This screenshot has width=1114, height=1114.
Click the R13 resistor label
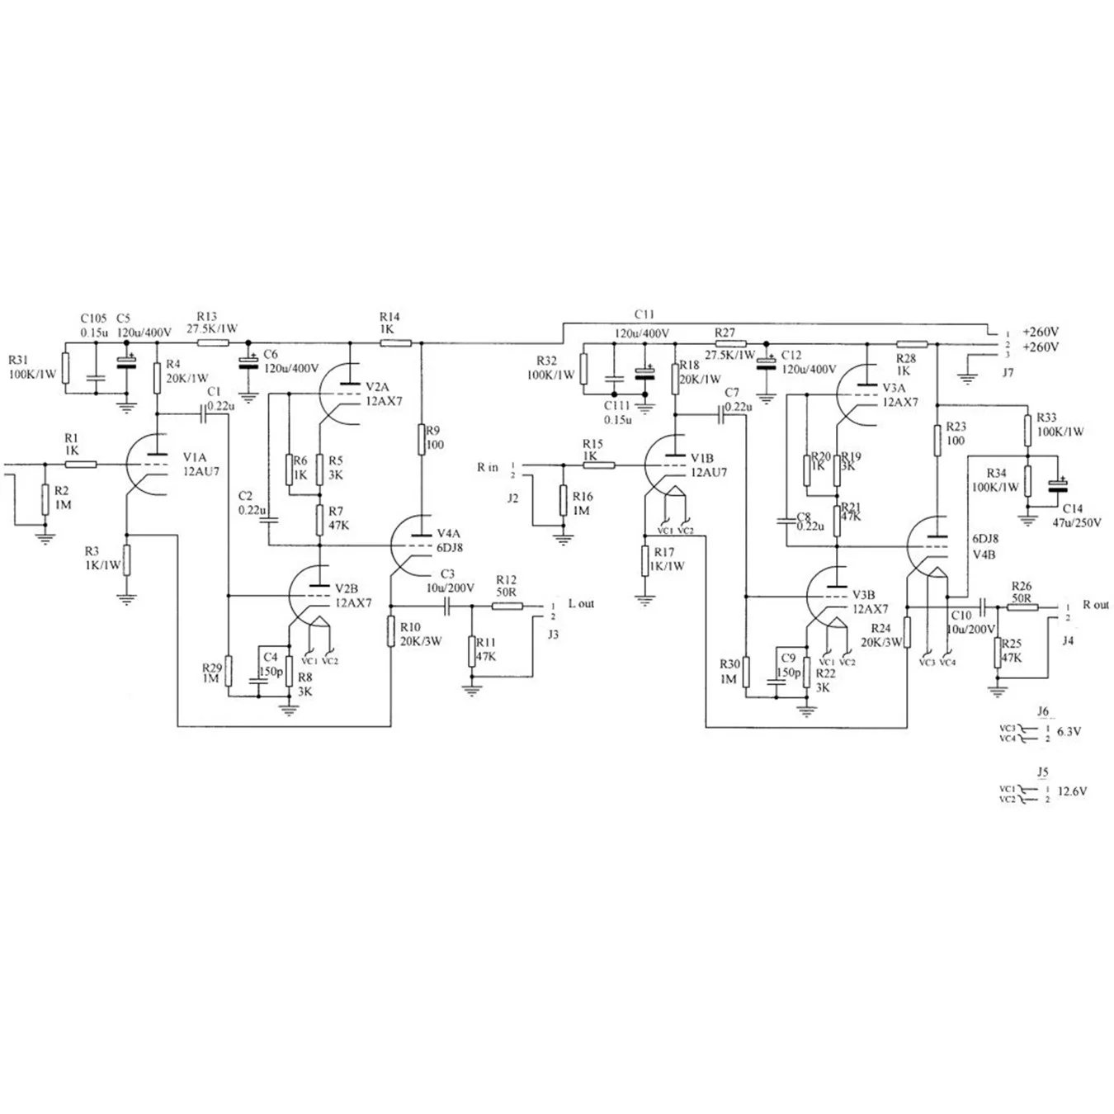pyautogui.click(x=207, y=316)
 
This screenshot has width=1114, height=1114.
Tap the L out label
pyautogui.click(x=581, y=603)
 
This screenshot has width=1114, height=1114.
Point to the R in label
pyautogui.click(x=488, y=467)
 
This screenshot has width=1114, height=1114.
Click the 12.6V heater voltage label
pyautogui.click(x=1071, y=791)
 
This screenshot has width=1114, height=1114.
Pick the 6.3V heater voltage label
pyautogui.click(x=1068, y=731)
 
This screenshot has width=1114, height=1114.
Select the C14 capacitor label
pyautogui.click(x=1073, y=509)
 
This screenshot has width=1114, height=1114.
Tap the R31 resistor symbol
pyautogui.click(x=66, y=368)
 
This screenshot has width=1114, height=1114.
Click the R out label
pyautogui.click(x=1096, y=605)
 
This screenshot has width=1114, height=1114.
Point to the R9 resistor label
pyautogui.click(x=434, y=430)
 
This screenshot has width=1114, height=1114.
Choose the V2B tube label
pyautogui.click(x=347, y=588)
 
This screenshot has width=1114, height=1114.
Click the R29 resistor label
pyautogui.click(x=211, y=667)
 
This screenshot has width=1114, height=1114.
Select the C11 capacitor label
pyautogui.click(x=644, y=314)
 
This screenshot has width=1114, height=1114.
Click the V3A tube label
pyautogui.click(x=894, y=388)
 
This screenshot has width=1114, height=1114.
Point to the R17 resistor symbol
pyautogui.click(x=644, y=561)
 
